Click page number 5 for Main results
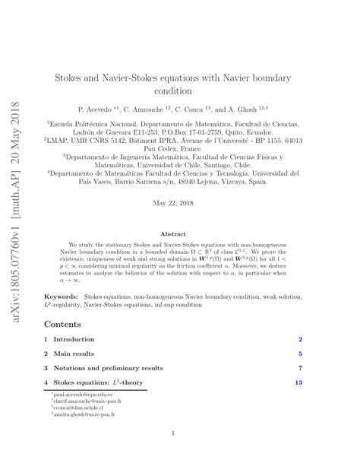(x=301, y=353)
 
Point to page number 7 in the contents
(x=301, y=368)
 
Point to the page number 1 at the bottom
(x=175, y=433)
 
